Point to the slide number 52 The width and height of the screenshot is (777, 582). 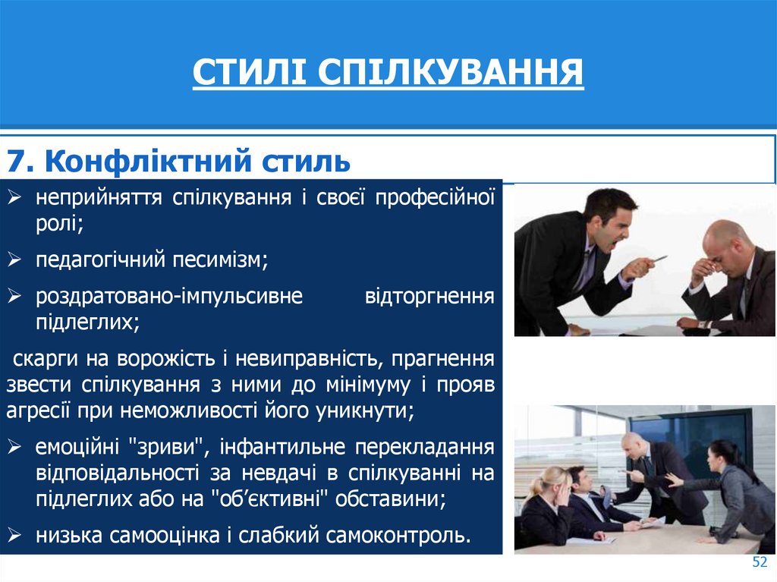(760, 562)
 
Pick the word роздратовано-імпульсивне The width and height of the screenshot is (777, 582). (169, 296)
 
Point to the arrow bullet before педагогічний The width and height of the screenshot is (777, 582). (16, 261)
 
